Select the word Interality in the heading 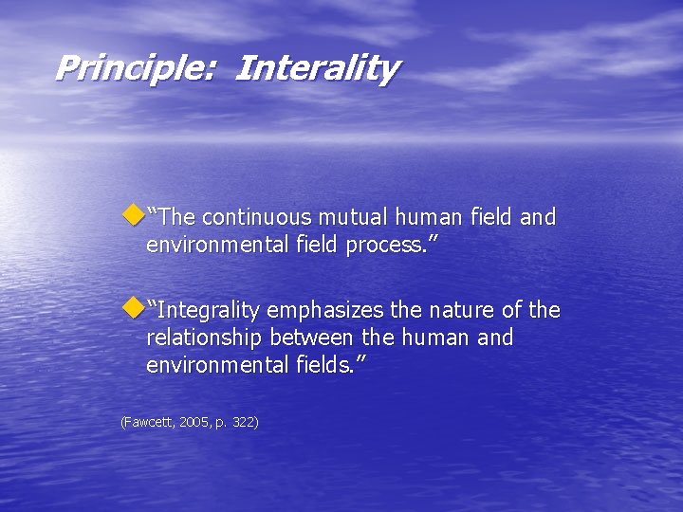coord(317,68)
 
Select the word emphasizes coord(333,311)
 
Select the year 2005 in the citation coord(193,421)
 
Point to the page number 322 coord(244,421)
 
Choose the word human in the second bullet coord(444,338)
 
